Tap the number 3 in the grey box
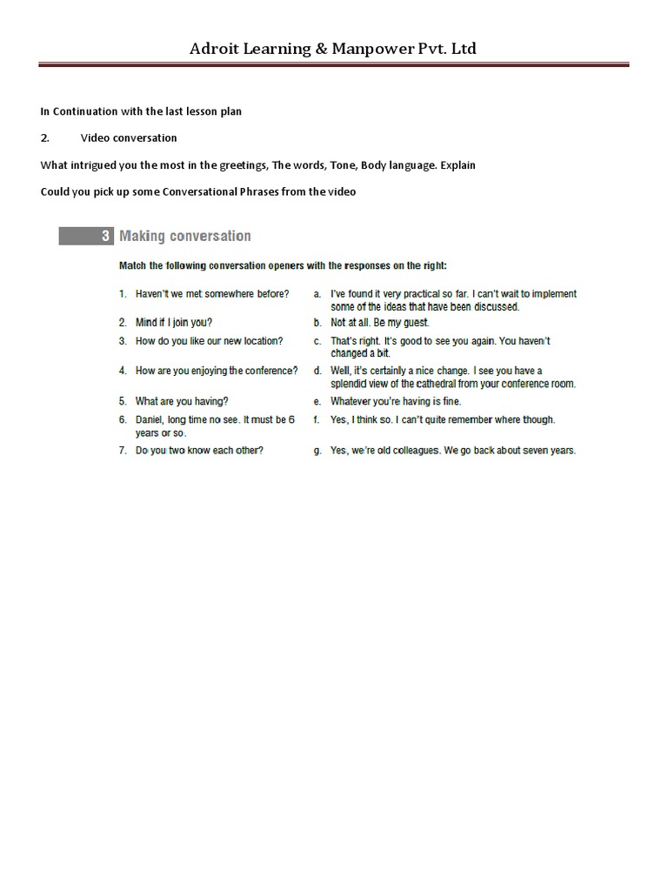click(x=105, y=236)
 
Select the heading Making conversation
click(x=184, y=236)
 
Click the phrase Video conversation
click(x=129, y=137)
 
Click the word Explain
click(x=458, y=164)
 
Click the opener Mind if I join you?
click(x=174, y=322)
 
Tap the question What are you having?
click(x=182, y=401)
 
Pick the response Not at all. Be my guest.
click(x=380, y=322)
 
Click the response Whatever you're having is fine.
click(x=396, y=401)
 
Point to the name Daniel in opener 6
click(x=151, y=419)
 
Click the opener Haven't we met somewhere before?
click(x=212, y=294)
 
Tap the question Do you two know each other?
click(x=200, y=451)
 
